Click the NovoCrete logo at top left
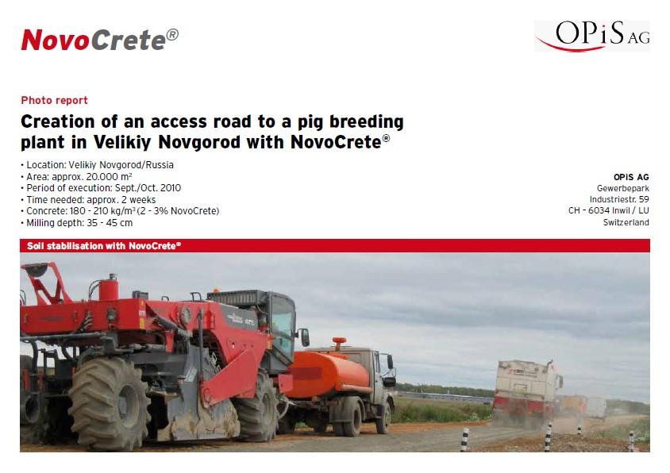tap(99, 40)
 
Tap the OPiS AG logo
tap(592, 36)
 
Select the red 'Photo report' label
tap(54, 101)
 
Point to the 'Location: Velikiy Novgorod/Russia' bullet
tap(97, 165)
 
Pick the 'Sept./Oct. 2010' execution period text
tap(148, 188)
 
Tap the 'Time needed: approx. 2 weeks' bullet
tap(88, 199)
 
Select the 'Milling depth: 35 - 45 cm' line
tap(76, 223)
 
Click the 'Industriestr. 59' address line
tap(619, 199)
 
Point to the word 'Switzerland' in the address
tap(626, 222)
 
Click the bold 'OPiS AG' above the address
tap(631, 177)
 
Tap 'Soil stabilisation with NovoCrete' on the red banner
tap(104, 246)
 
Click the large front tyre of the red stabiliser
tap(109, 403)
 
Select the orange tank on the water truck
tap(328, 375)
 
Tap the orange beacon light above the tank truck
tap(339, 343)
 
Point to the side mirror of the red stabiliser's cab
tap(305, 337)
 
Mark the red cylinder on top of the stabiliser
tap(109, 287)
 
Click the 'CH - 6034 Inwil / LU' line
tap(608, 210)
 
